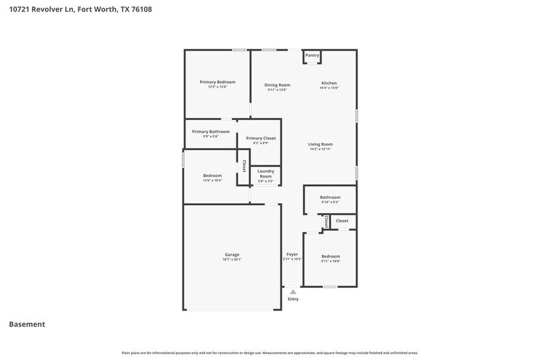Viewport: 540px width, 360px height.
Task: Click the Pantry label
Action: coord(312,55)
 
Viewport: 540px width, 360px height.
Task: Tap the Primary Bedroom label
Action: coord(217,82)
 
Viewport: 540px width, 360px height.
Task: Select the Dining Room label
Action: coord(277,85)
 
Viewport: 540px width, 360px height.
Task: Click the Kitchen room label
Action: coord(329,83)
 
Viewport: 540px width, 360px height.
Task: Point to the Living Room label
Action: coord(320,144)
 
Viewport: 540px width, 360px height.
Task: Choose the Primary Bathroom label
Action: coord(211,132)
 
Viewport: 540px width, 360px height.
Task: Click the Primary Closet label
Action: coord(261,138)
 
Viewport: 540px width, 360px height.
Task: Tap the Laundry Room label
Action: coord(265,173)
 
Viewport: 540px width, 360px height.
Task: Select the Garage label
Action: coord(232,255)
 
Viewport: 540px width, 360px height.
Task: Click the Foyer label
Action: coord(293,255)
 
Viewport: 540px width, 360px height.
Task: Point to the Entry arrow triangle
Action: coord(293,292)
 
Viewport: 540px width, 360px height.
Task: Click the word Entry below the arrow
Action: coord(293,299)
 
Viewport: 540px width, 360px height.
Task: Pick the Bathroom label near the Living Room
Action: coord(330,197)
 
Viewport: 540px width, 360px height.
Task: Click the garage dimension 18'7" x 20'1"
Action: coord(232,260)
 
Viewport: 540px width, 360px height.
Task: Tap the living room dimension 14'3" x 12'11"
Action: coord(320,149)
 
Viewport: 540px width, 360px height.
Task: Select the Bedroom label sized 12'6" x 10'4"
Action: coord(212,176)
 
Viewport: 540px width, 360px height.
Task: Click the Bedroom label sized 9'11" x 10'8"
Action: coord(330,257)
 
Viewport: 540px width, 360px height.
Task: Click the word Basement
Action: coord(27,324)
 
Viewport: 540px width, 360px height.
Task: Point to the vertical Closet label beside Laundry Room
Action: coord(244,166)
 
